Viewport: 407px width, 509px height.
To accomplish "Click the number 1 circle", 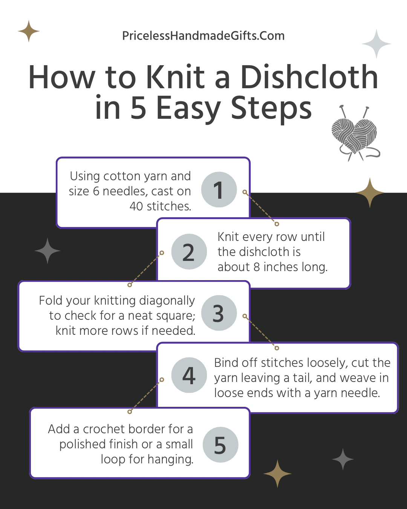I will pos(219,190).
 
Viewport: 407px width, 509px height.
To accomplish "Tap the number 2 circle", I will pos(189,252).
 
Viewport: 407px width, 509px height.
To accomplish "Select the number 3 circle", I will pos(219,313).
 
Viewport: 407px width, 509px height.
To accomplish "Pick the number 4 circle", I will pos(189,375).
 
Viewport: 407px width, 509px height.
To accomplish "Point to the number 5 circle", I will pos(220,445).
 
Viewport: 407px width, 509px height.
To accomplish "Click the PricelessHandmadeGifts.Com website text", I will pos(203,36).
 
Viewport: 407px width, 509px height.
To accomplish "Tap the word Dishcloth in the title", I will pos(309,77).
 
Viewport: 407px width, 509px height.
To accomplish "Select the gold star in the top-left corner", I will pos(29,31).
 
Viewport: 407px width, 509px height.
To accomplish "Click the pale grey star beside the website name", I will pos(376,44).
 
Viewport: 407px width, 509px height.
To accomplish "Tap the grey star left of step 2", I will pos(47,251).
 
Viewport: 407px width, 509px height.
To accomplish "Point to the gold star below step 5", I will pos(277,474).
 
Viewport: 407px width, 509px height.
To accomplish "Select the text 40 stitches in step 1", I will pos(160,206).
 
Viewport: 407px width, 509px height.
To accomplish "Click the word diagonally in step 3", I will pos(167,300).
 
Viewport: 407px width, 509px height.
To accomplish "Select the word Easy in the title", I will pos(187,108).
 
